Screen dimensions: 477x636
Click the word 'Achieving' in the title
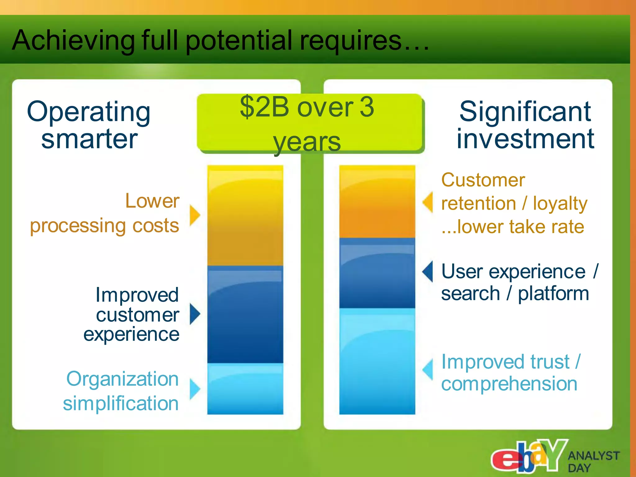73,40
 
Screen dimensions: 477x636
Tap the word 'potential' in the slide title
239,40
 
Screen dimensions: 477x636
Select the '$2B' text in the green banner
264,107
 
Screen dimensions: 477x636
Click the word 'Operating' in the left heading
89,112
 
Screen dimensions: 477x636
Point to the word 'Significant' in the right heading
525,112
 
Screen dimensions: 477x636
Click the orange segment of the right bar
377,202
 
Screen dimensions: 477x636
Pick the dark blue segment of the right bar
377,273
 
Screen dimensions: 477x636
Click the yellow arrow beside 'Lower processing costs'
195,215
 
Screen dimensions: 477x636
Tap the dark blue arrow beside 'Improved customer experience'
195,314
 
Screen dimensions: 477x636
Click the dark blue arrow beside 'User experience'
428,271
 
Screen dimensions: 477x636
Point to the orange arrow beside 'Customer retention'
428,202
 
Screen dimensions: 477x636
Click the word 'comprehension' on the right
509,384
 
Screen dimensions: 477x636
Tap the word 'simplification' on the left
121,403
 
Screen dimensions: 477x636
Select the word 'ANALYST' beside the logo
593,456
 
